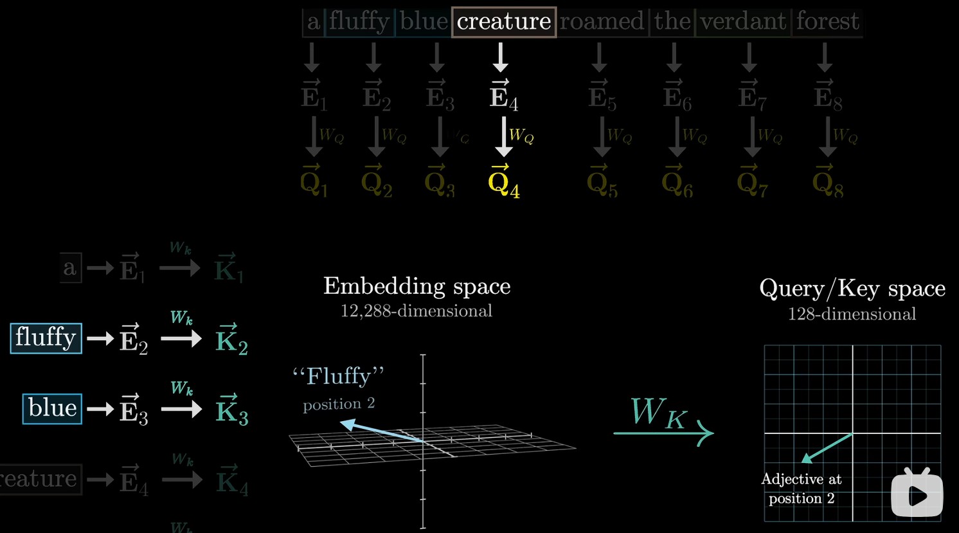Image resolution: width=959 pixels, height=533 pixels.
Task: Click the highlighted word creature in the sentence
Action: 504,22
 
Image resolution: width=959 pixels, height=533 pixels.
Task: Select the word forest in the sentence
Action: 827,22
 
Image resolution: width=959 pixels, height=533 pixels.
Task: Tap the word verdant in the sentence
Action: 743,22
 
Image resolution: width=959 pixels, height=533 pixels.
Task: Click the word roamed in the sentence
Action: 602,22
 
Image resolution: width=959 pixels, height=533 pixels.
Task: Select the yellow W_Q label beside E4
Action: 521,136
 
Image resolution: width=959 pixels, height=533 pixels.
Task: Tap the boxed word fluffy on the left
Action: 46,338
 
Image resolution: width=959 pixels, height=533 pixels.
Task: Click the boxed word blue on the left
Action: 53,409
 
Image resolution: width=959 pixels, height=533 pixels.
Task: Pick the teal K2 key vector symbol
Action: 231,340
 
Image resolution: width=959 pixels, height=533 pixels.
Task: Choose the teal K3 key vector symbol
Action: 231,411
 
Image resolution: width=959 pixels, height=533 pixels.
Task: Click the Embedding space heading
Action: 417,286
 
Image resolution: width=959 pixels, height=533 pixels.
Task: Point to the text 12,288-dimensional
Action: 417,311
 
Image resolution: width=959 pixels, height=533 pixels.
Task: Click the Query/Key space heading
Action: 852,289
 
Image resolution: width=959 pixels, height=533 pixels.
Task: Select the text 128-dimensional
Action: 852,314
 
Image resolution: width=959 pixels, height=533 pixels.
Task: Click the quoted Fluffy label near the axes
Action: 339,376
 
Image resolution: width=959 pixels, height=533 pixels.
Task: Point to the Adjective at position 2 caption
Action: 802,489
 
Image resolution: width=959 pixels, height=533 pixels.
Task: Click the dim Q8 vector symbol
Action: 828,182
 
